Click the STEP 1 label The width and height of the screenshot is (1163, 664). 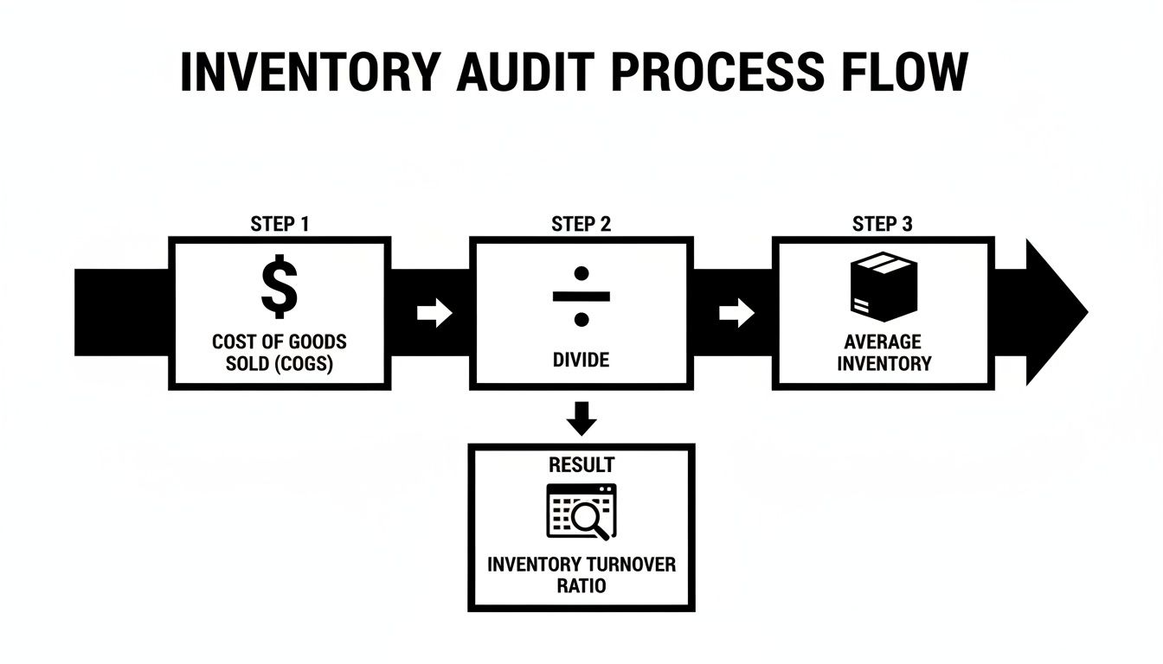tap(280, 225)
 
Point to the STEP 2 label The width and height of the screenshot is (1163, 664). tap(581, 225)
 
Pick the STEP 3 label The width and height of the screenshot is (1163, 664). tap(882, 225)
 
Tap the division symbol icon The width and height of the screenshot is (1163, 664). tap(581, 295)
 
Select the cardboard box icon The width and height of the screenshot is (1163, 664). tap(882, 288)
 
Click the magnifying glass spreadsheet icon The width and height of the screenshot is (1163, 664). tap(581, 511)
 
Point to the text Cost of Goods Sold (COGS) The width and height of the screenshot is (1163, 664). tap(280, 353)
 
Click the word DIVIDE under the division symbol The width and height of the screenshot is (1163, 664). tap(581, 360)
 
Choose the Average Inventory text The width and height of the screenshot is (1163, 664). tap(883, 353)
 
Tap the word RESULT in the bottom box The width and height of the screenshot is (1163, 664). tap(581, 465)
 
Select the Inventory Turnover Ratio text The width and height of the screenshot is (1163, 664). tap(581, 575)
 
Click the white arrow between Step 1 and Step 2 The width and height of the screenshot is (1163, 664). tap(434, 314)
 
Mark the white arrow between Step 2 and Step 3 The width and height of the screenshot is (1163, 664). tap(736, 314)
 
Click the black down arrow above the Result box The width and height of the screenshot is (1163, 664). tap(581, 418)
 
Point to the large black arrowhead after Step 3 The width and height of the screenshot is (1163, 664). tap(1054, 313)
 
